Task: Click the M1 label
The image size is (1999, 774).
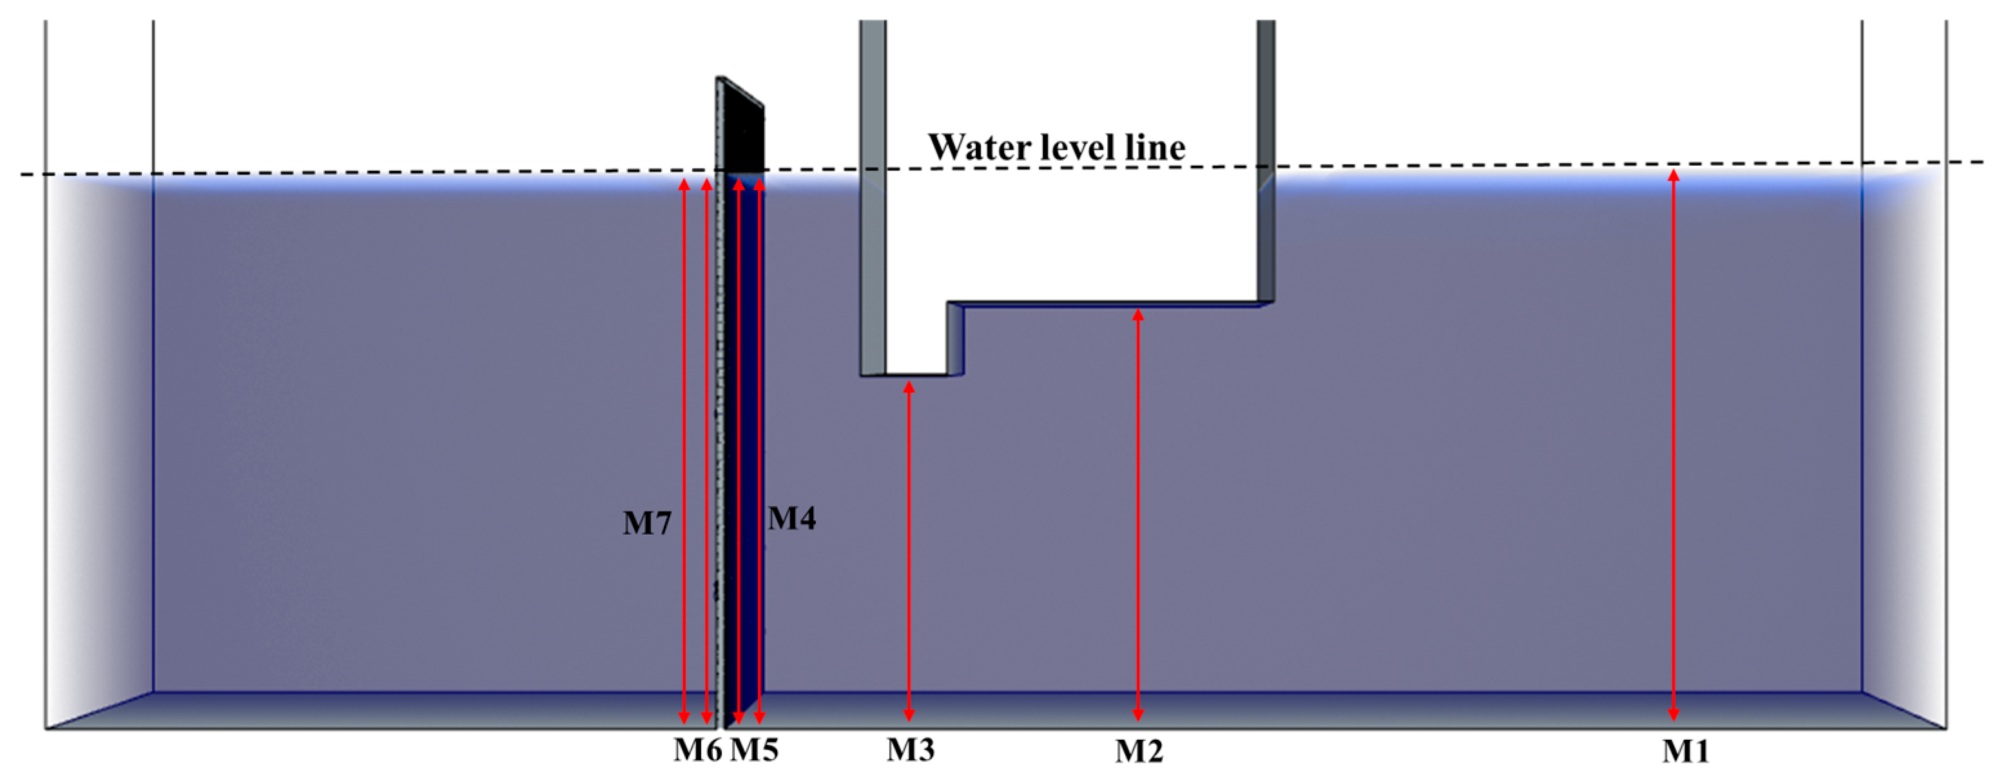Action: pos(1686,751)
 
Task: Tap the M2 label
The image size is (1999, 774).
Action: pos(1139,751)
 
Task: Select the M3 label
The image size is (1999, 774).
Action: pos(911,749)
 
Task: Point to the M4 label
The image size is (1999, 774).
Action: pos(791,518)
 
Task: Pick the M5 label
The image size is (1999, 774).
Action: pos(754,749)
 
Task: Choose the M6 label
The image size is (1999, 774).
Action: pos(697,749)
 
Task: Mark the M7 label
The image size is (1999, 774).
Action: pos(646,523)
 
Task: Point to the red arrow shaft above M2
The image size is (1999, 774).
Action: pos(1139,512)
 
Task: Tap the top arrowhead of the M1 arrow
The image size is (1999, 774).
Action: pos(1674,175)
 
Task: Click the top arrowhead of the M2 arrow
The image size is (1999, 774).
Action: pos(1139,314)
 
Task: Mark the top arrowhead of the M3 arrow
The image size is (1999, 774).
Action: pos(909,386)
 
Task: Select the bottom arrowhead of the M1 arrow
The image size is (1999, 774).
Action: pos(1674,714)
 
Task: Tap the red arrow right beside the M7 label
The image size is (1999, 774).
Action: pos(684,523)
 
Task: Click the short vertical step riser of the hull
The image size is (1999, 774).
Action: pos(954,339)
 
